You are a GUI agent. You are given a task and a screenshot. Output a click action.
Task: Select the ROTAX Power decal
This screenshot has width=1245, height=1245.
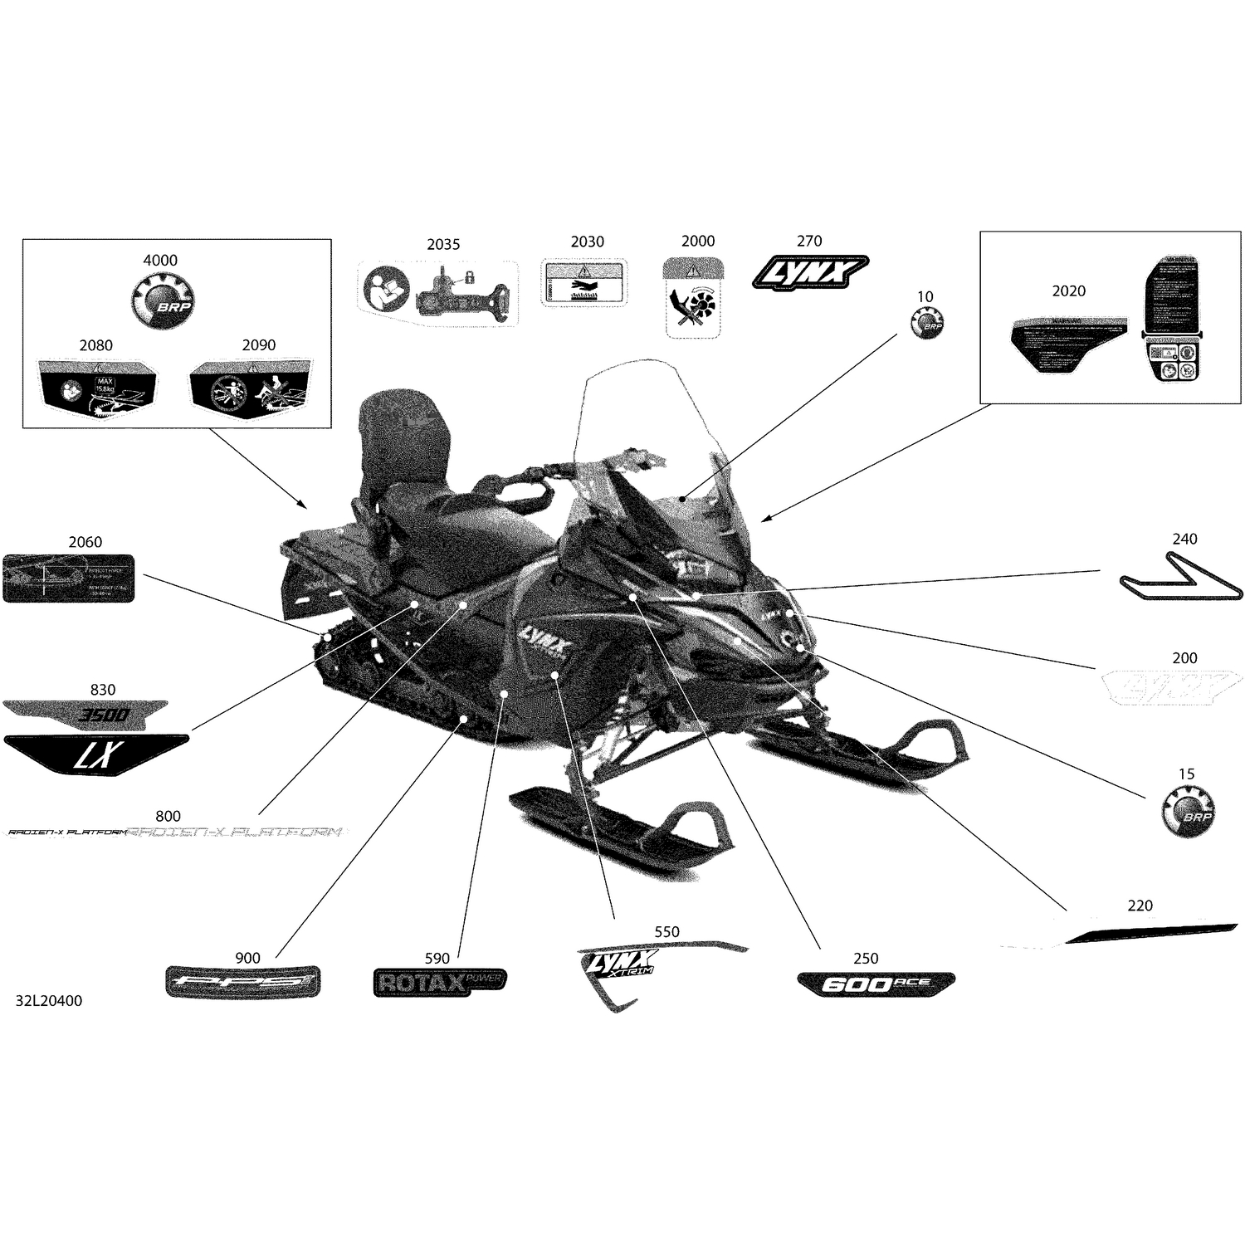(x=439, y=982)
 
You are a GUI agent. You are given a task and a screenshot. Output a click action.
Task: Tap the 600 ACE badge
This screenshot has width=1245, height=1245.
(x=875, y=984)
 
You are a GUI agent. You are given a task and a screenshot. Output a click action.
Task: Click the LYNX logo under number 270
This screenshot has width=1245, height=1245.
(x=810, y=271)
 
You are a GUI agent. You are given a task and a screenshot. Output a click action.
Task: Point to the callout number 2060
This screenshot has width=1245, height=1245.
(x=85, y=542)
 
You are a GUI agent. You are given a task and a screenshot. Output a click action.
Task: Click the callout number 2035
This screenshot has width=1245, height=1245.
(x=443, y=244)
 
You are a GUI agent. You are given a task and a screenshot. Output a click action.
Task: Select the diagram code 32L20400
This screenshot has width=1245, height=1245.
(x=49, y=1001)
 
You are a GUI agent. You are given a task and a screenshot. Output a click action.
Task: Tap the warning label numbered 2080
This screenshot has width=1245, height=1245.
(x=98, y=388)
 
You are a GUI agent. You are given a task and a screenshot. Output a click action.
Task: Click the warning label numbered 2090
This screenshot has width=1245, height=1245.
(x=251, y=388)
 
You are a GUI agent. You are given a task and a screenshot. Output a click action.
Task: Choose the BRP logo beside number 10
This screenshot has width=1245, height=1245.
(x=927, y=322)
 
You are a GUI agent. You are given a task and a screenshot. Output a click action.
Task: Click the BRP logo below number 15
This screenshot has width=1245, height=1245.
(x=1187, y=811)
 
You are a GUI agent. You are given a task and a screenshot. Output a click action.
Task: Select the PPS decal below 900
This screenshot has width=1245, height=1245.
(x=242, y=982)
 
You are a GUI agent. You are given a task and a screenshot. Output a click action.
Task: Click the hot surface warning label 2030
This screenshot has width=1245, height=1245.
(x=583, y=282)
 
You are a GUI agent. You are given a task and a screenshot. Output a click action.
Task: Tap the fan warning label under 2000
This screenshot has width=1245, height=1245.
(x=695, y=297)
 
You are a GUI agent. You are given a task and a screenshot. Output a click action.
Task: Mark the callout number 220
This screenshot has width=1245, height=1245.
(x=1140, y=906)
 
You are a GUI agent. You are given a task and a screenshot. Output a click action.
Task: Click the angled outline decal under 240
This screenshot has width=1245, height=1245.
(x=1180, y=579)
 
